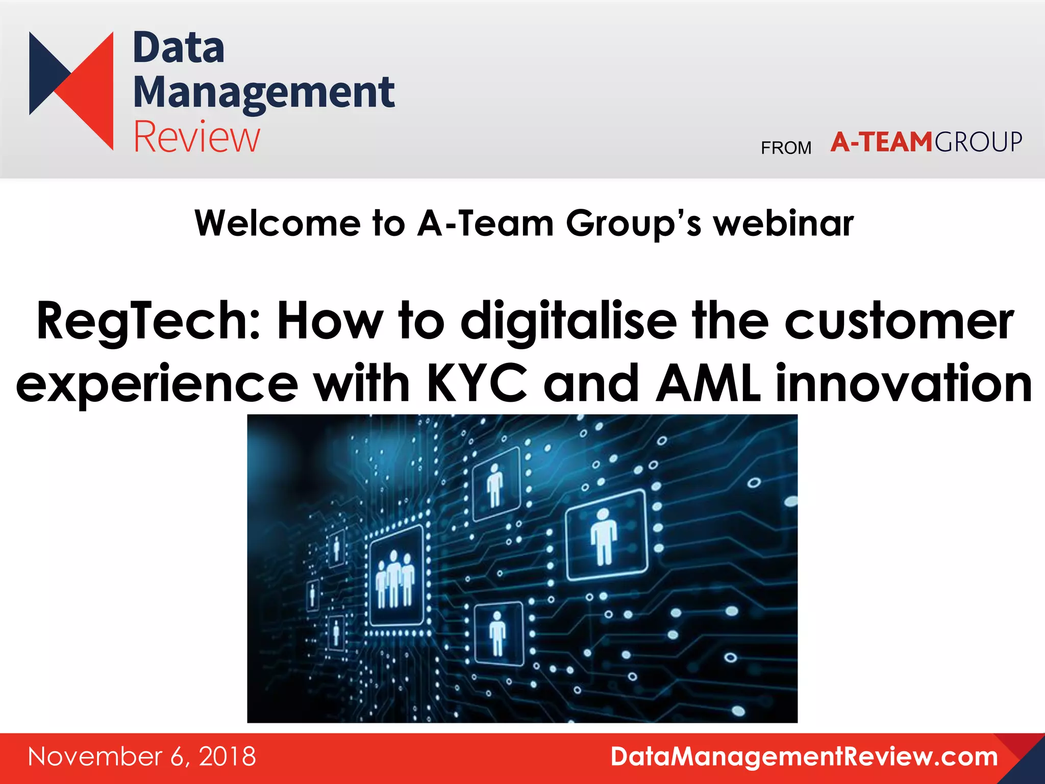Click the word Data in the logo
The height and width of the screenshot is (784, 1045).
pos(178,48)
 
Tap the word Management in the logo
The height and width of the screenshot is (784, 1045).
pos(263,93)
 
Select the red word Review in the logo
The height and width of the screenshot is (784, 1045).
pos(196,137)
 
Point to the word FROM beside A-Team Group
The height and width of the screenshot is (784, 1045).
pos(786,148)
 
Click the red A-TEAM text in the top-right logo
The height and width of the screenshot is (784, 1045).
pos(881,142)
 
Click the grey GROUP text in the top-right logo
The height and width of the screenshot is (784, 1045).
pos(978,142)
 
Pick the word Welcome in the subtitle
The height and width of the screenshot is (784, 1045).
pos(278,224)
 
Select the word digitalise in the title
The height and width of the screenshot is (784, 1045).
pos(568,322)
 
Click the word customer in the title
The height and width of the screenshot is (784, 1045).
pos(899,322)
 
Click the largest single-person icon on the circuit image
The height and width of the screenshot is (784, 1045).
pos(605,536)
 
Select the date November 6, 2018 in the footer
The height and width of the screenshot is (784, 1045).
pos(142,756)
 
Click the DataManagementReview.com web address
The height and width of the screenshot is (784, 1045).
pos(804,756)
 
